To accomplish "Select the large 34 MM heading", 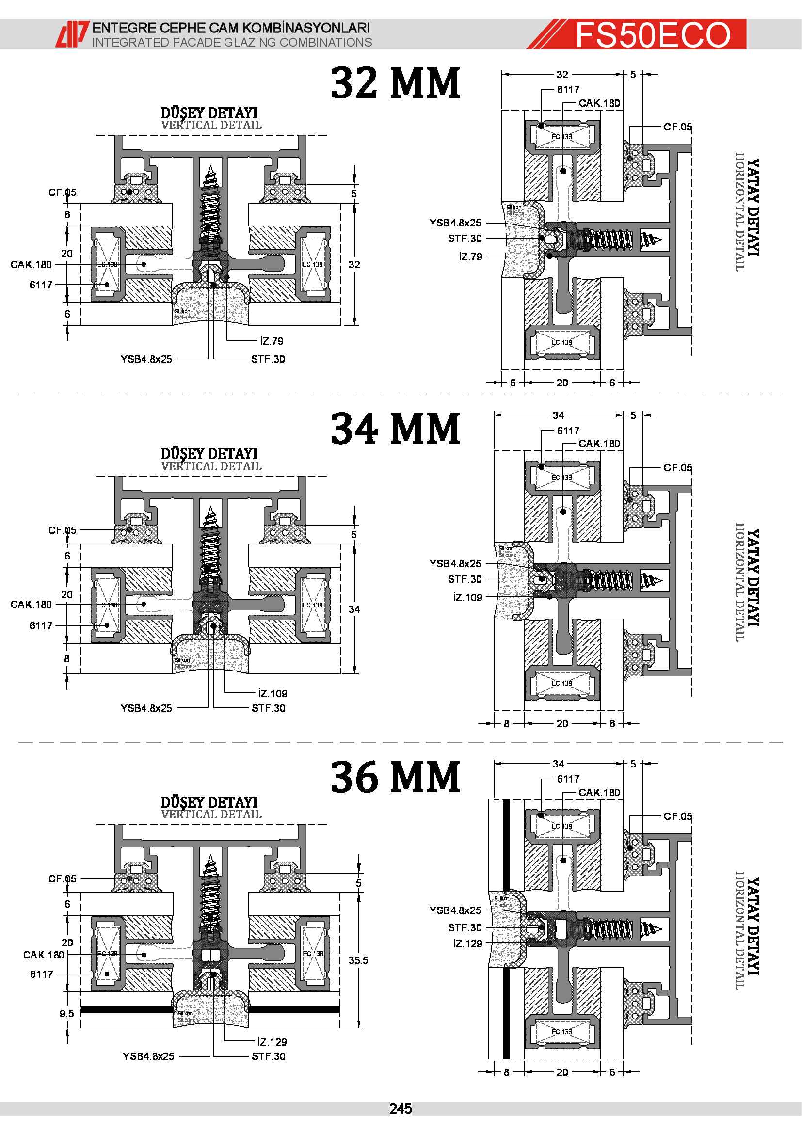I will [396, 428].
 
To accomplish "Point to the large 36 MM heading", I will [396, 777].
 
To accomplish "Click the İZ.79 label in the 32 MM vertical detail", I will [272, 341].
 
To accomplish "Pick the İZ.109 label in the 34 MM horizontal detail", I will [467, 597].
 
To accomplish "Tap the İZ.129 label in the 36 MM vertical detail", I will [272, 1042].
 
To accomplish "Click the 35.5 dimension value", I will [358, 960].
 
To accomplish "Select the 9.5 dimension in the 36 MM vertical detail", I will [66, 1013].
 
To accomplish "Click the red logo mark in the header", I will [72, 34].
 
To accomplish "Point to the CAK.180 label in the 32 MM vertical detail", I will [31, 264].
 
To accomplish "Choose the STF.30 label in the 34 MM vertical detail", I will [268, 708].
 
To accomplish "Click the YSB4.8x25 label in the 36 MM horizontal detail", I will [455, 910].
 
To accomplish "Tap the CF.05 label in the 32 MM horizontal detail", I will [677, 127].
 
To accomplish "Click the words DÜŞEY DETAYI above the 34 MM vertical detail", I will [209, 453].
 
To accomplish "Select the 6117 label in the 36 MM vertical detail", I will [42, 974].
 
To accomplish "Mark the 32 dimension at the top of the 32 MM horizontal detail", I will [562, 75].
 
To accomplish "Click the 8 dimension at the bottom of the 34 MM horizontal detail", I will [506, 723].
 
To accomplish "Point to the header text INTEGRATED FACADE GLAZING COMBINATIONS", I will [232, 43].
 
